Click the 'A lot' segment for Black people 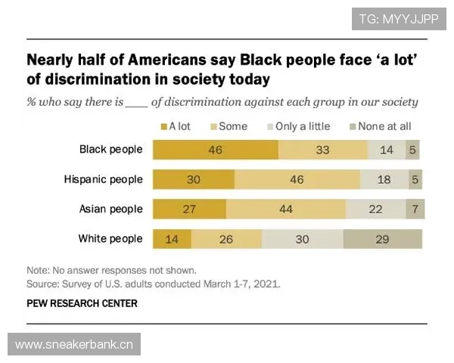click(x=216, y=150)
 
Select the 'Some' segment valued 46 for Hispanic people click(x=297, y=179)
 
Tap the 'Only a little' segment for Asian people click(x=375, y=209)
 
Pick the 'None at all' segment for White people click(x=382, y=239)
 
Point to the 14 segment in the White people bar click(x=172, y=239)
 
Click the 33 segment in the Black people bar click(x=323, y=150)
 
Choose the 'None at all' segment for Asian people click(x=415, y=209)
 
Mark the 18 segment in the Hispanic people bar click(x=383, y=179)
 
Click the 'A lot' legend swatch click(x=163, y=126)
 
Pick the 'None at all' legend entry click(x=379, y=126)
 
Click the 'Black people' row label click(x=111, y=149)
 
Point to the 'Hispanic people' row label click(x=104, y=179)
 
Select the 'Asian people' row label click(x=110, y=209)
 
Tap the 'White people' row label click(x=110, y=239)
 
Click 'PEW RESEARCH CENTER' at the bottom click(x=82, y=304)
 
